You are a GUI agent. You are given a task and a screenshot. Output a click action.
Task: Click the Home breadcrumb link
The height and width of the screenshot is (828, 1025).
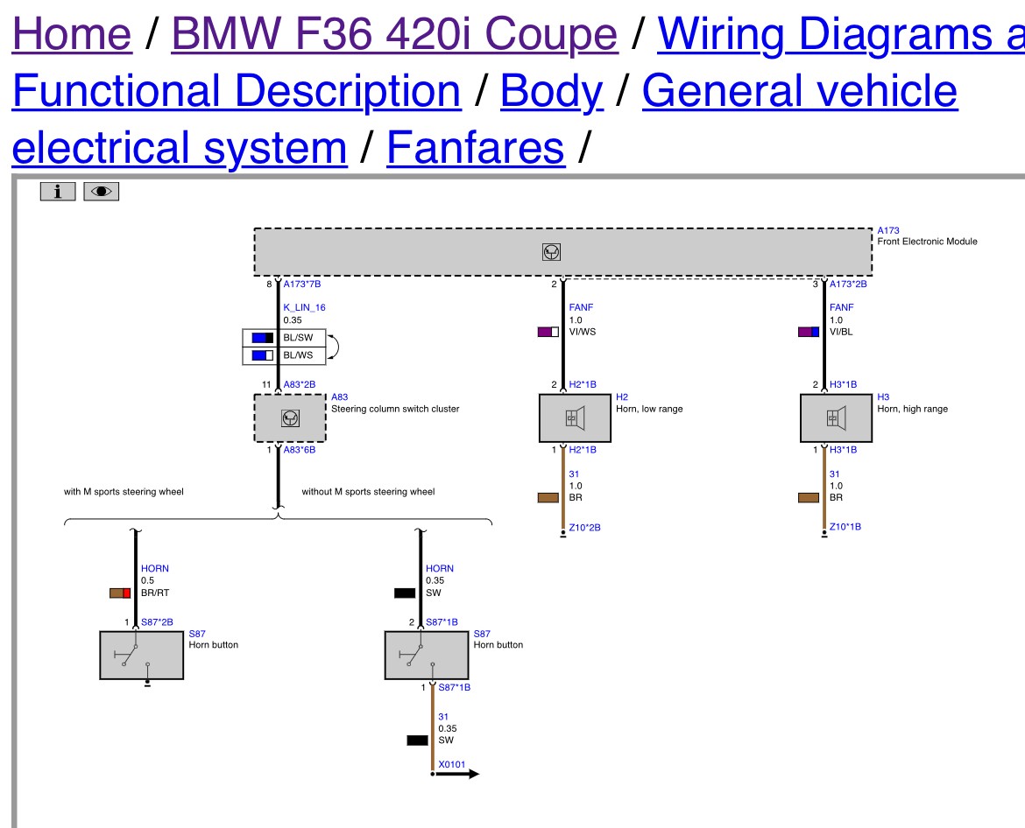(x=72, y=33)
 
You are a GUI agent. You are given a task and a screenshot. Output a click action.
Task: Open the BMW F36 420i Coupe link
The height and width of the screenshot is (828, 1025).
(x=394, y=33)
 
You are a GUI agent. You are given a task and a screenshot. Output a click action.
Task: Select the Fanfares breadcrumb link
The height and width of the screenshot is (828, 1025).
(x=475, y=148)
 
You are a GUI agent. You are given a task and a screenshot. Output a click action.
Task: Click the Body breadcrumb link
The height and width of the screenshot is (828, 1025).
(x=551, y=91)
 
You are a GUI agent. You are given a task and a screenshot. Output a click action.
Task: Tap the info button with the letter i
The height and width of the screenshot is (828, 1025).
(x=58, y=192)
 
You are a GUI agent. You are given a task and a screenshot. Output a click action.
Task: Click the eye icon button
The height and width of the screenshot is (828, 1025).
(x=102, y=192)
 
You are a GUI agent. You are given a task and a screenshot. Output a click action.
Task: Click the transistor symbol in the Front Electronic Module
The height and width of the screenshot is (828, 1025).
(x=551, y=252)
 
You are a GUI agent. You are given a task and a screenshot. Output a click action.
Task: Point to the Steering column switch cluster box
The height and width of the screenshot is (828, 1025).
(x=290, y=418)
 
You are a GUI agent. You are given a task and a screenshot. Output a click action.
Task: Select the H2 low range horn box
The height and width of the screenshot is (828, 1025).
(x=575, y=418)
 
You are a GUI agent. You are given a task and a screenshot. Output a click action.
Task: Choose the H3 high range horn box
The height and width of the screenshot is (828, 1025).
(x=836, y=418)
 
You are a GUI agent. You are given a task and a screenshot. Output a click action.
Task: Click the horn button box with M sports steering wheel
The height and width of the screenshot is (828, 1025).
(x=141, y=655)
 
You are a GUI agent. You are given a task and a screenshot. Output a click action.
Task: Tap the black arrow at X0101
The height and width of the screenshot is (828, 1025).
(x=456, y=774)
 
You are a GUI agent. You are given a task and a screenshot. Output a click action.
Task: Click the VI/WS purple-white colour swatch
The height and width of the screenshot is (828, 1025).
(x=548, y=332)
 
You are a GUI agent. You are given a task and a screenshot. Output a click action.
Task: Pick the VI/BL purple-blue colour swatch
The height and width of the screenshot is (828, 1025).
(x=809, y=332)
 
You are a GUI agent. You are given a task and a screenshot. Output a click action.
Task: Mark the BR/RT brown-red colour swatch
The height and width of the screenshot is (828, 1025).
(x=120, y=593)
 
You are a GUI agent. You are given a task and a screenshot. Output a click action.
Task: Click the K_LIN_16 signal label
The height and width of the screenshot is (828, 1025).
(x=304, y=307)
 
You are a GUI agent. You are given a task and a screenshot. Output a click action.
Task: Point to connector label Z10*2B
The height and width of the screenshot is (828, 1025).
(x=584, y=528)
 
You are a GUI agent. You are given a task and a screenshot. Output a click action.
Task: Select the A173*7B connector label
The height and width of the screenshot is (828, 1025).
(x=302, y=284)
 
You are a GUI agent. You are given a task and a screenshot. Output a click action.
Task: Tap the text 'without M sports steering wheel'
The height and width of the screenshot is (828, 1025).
(x=368, y=492)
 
